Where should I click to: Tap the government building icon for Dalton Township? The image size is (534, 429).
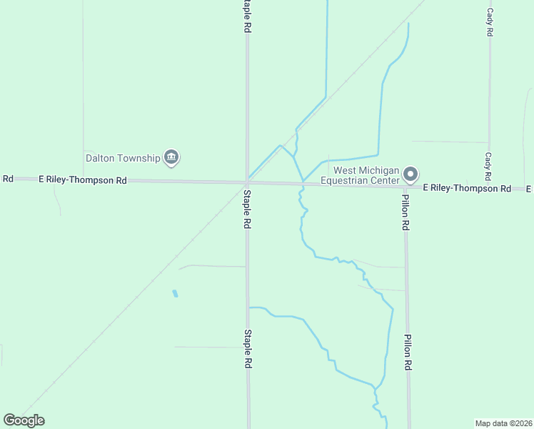[171, 157]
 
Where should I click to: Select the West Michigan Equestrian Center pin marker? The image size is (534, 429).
[410, 174]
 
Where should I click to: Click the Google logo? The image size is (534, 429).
[24, 420]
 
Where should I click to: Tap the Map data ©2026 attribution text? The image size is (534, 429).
[503, 423]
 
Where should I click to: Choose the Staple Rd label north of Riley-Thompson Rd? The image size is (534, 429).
[248, 16]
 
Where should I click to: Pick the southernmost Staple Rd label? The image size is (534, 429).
[248, 348]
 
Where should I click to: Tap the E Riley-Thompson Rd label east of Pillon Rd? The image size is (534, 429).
[467, 189]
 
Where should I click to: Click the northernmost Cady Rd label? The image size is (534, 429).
[490, 22]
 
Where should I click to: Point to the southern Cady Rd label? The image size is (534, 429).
[489, 167]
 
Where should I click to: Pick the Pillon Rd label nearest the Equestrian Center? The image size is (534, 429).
[405, 211]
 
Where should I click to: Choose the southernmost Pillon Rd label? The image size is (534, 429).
[408, 352]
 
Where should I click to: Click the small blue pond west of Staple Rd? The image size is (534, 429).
[175, 293]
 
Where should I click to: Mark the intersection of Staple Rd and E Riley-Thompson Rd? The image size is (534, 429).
[248, 182]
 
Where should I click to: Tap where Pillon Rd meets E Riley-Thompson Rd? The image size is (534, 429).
[405, 186]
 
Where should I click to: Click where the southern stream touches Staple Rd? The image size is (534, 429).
[249, 307]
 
